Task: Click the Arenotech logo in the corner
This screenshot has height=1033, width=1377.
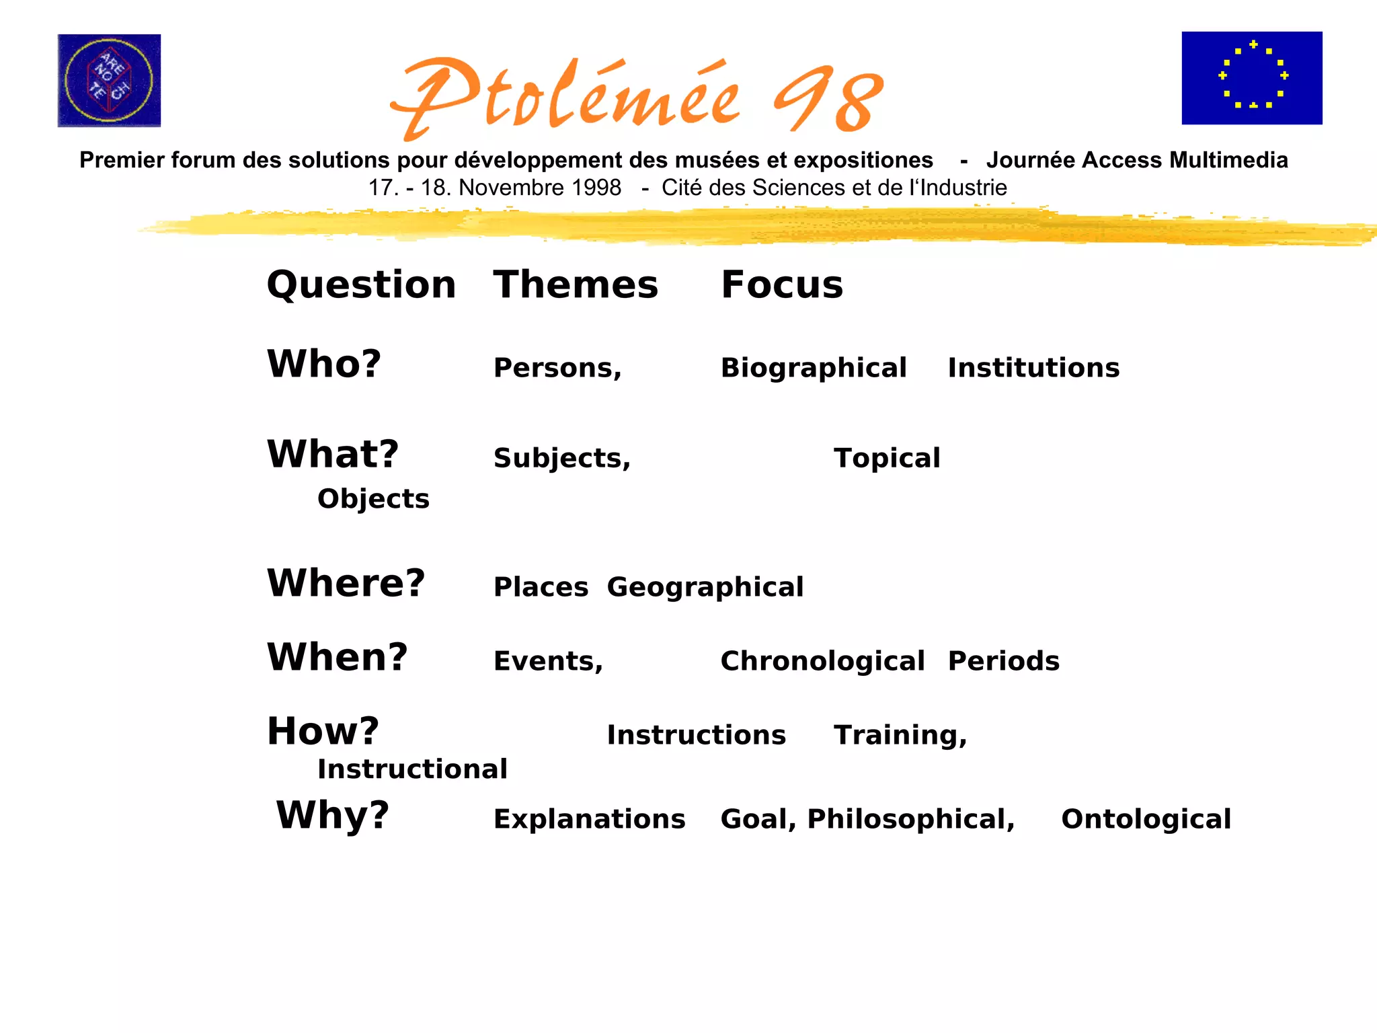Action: pos(109,81)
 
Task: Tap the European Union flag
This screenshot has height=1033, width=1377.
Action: pos(1251,78)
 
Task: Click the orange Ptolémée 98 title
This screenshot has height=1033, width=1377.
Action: pos(636,98)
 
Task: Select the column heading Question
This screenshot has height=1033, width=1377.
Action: pos(361,284)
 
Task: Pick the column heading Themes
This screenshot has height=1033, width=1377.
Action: pos(576,284)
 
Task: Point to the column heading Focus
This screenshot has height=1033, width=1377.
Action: pos(781,284)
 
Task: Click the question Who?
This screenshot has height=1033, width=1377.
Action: pos(324,364)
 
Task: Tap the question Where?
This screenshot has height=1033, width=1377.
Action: pos(346,582)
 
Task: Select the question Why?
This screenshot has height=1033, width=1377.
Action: pos(333,815)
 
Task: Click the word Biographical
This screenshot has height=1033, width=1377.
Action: pos(814,368)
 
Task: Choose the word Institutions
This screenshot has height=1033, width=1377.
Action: pos(1033,368)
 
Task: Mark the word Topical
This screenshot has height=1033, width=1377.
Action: pos(887,458)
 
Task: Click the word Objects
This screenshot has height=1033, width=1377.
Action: pos(373,499)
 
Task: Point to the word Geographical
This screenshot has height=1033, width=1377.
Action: pos(705,587)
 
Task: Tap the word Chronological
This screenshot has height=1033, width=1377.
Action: pos(822,661)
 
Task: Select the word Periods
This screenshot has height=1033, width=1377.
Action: pos(1003,661)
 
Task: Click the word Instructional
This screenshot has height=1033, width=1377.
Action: pos(412,769)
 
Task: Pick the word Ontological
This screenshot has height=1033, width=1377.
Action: pos(1146,819)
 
